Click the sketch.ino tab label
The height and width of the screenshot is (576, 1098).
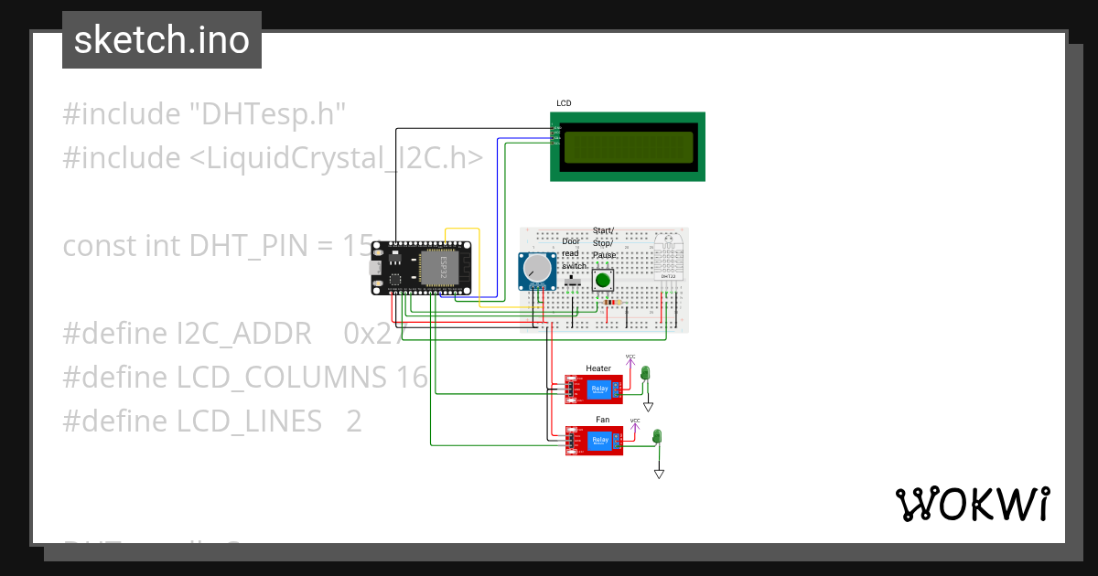(161, 40)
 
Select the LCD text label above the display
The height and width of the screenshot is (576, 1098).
(564, 103)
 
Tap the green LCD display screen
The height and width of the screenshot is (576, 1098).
(628, 146)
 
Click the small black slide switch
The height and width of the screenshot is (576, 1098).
(574, 283)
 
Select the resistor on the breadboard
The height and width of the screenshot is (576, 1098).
(613, 302)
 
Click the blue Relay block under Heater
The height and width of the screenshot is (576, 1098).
(599, 389)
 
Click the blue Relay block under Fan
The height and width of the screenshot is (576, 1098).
(600, 441)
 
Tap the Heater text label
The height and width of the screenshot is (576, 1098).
(598, 368)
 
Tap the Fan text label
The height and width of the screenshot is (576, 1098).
(602, 419)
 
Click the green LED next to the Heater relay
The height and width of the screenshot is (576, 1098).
(645, 373)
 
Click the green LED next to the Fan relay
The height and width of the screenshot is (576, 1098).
(657, 436)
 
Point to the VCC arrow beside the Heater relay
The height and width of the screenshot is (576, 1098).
(630, 359)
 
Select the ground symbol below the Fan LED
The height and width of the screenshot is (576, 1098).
(658, 474)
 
